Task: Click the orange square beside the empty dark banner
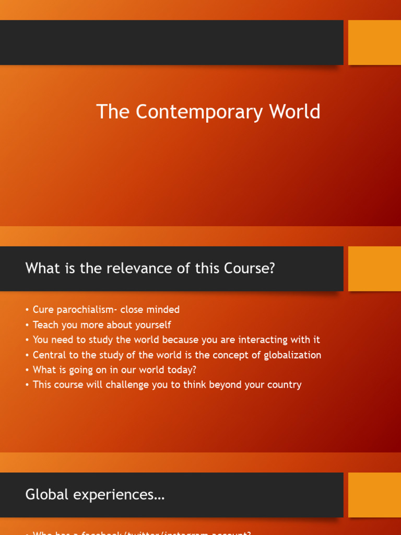(374, 42)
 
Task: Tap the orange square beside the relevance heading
(374, 269)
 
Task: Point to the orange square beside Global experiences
(374, 495)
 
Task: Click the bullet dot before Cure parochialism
(27, 310)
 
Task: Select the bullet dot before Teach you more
(27, 325)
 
